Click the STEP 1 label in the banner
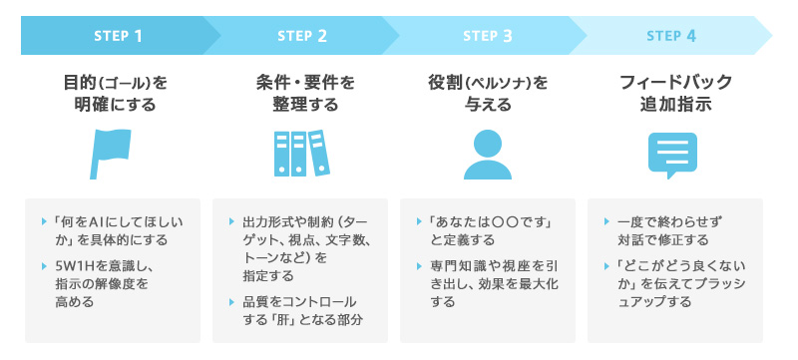point(118,36)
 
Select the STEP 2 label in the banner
point(301,36)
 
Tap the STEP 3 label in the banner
point(488,36)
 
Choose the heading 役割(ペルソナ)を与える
point(489,92)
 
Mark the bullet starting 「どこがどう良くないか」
point(675,284)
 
